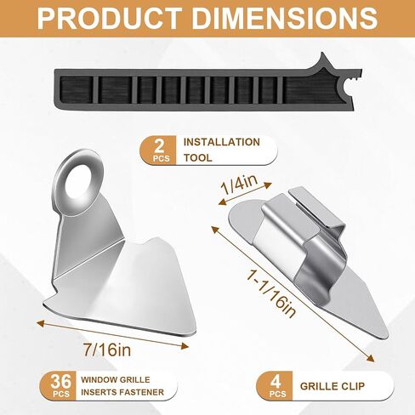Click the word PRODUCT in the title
(110, 18)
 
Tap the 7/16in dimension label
(107, 350)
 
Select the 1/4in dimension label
(240, 185)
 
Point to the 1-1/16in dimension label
(271, 293)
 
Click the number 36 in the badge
(61, 381)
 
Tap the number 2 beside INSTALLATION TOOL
(160, 146)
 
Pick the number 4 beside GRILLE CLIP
(276, 383)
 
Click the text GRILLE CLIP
(333, 386)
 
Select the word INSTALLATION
(222, 142)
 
